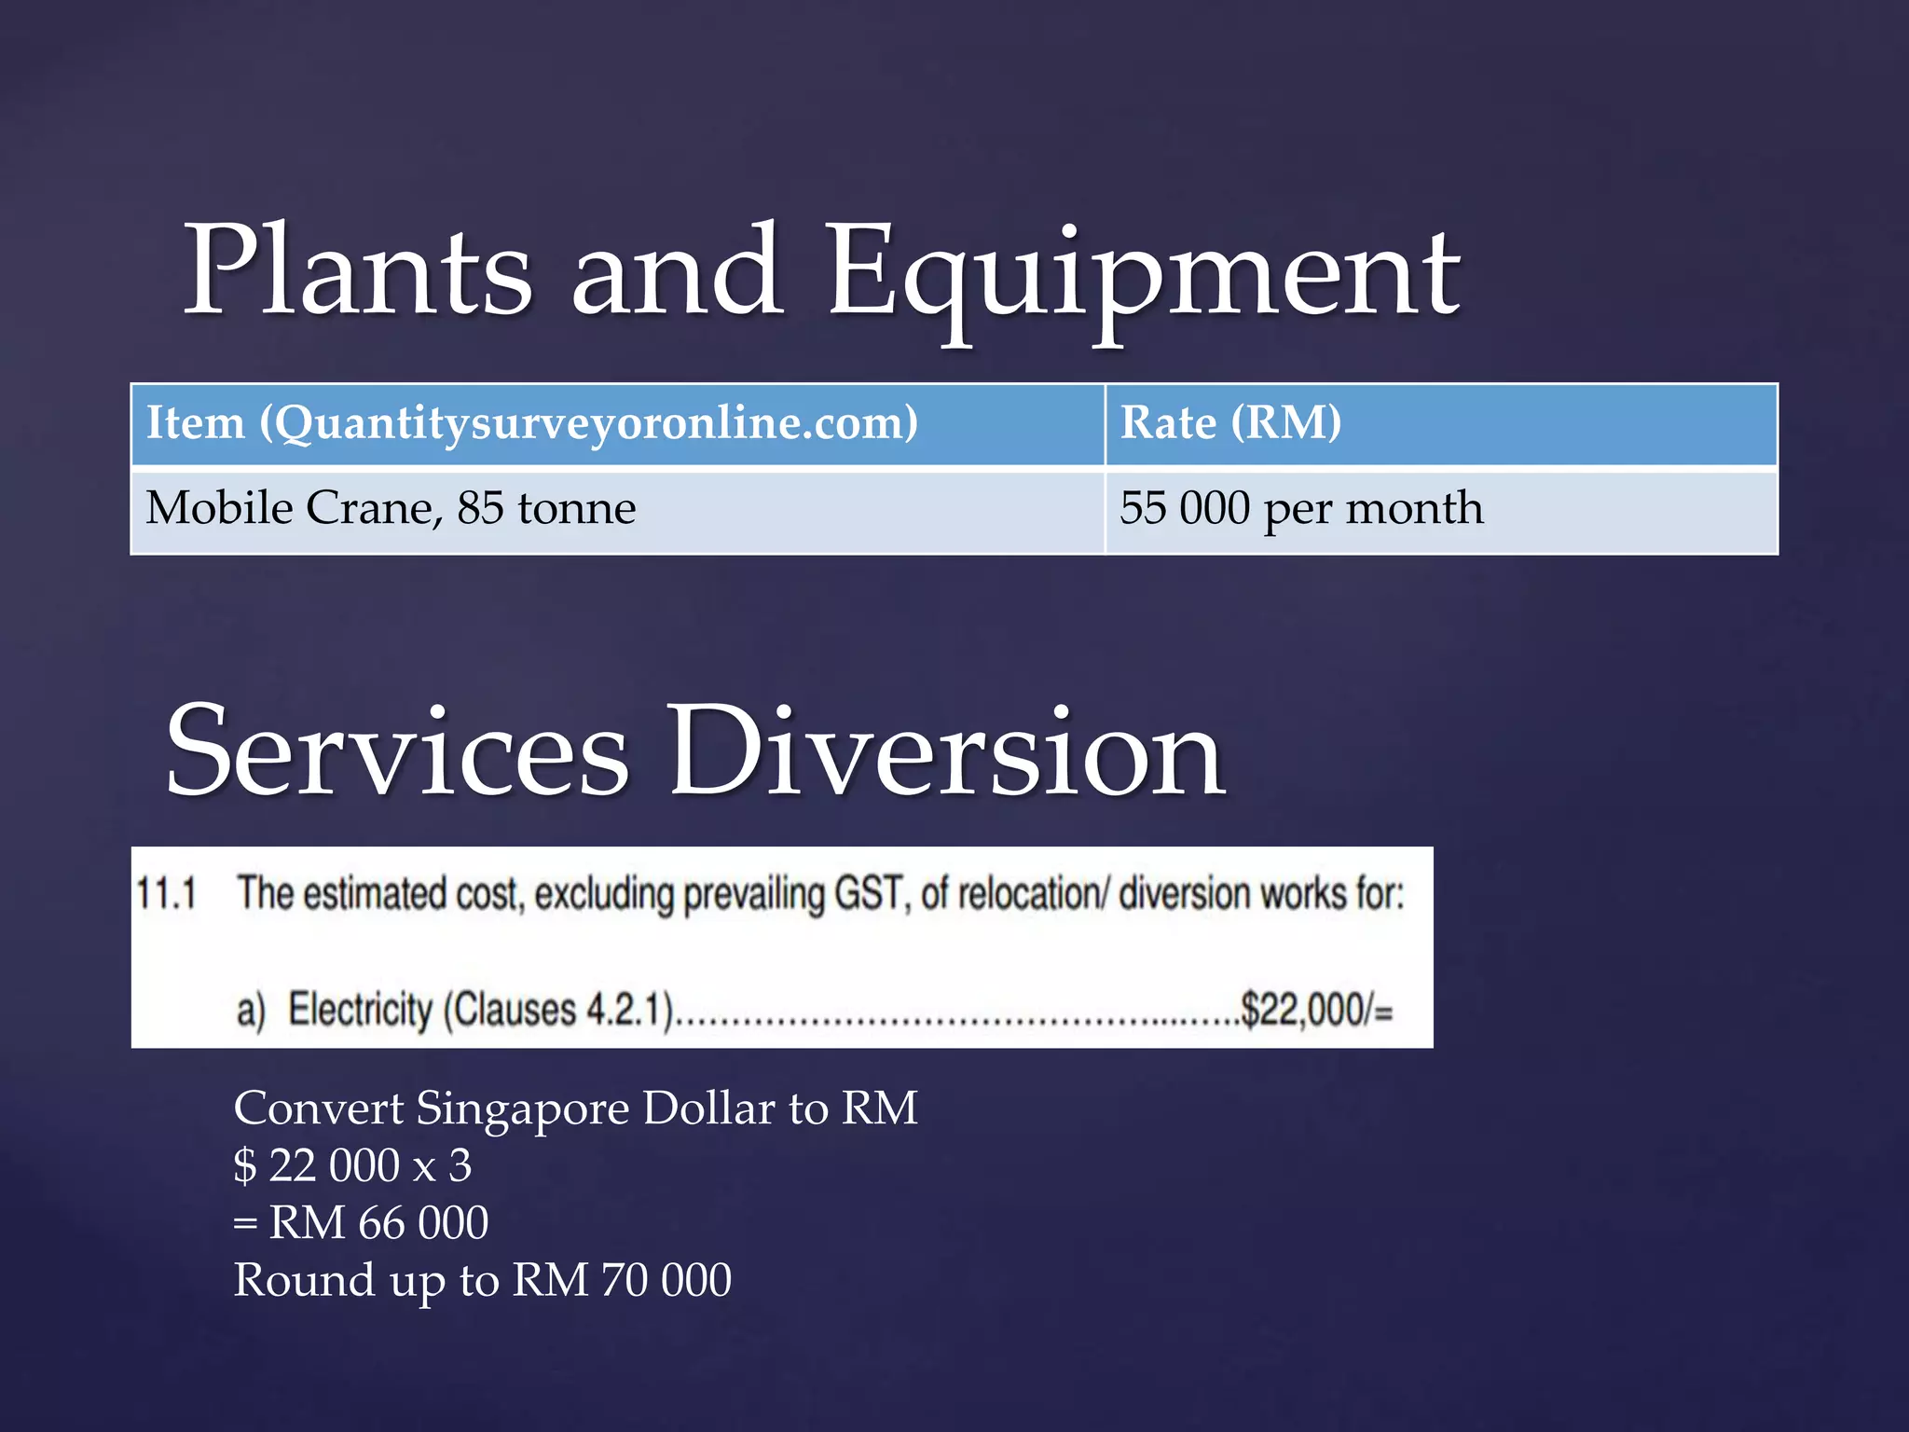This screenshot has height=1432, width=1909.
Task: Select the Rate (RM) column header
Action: pos(1230,423)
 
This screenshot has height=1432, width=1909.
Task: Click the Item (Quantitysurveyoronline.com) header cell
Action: pos(532,423)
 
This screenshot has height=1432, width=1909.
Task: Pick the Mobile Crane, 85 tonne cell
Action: pos(391,509)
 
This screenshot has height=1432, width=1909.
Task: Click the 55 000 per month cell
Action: pos(1301,509)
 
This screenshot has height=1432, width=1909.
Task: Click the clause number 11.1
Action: pos(167,893)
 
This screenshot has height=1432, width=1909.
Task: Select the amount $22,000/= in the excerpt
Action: pos(1316,1010)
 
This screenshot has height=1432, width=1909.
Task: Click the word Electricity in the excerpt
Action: pos(361,1010)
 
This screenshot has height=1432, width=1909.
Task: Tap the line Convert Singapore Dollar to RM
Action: pos(575,1108)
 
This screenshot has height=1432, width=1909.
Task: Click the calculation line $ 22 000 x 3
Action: pos(352,1165)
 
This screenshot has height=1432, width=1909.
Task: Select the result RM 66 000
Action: pos(378,1222)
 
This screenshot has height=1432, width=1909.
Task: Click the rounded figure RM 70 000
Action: pos(622,1280)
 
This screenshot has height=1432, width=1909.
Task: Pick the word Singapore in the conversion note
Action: pos(523,1108)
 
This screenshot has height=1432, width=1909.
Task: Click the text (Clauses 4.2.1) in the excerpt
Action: pos(558,1010)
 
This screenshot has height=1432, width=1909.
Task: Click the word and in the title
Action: pos(678,272)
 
